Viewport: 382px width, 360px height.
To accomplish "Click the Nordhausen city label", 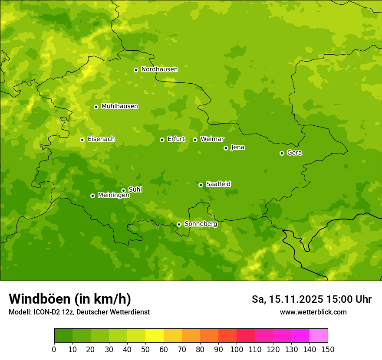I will (x=159, y=69).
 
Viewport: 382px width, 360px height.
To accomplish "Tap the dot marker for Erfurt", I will (x=162, y=140).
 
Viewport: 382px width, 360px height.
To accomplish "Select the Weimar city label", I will (x=212, y=139).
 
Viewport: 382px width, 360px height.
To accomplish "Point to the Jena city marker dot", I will (x=226, y=148).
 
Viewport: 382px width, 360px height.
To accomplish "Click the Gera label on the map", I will (x=294, y=153).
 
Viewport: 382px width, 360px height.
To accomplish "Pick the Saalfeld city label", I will (x=218, y=184).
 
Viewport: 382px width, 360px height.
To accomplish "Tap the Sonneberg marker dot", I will (x=179, y=224).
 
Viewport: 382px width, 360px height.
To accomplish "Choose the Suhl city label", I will (x=135, y=190).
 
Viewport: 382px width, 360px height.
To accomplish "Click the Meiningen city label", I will (x=114, y=195).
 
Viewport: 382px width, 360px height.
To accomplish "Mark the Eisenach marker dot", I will (x=82, y=140).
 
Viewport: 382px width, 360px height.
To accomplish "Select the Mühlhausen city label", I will (x=120, y=106).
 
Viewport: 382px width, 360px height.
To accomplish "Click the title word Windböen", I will (x=39, y=299).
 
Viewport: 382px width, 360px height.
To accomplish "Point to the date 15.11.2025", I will (x=296, y=299).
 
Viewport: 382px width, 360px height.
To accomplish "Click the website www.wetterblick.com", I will (x=313, y=312).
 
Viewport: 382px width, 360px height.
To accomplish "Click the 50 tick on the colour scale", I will (x=145, y=349).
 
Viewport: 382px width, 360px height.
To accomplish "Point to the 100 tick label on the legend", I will (x=237, y=349).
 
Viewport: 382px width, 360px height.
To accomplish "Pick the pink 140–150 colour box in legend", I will (x=319, y=336).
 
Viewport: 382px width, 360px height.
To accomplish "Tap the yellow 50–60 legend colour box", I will (x=155, y=336).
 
